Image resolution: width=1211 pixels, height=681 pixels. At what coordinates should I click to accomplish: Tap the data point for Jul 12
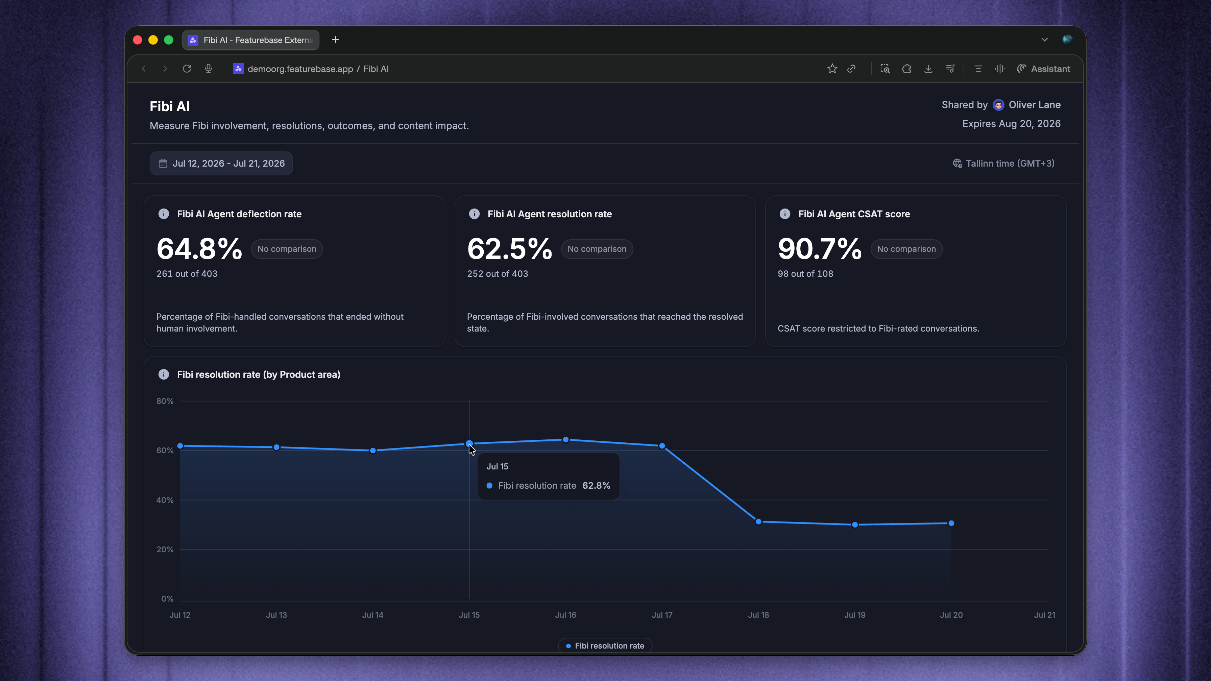pyautogui.click(x=180, y=445)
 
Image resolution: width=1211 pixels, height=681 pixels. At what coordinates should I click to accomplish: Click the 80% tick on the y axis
pyautogui.click(x=165, y=401)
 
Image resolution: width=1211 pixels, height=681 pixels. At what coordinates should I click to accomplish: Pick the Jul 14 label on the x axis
pyautogui.click(x=373, y=615)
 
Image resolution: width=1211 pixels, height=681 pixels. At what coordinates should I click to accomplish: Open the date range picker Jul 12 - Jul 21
pyautogui.click(x=221, y=164)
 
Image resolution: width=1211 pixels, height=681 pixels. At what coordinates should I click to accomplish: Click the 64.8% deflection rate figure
pyautogui.click(x=199, y=249)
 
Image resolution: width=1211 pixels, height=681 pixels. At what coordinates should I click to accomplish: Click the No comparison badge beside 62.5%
pyautogui.click(x=597, y=249)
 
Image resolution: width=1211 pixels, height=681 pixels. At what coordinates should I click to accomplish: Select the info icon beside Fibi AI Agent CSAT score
pyautogui.click(x=784, y=214)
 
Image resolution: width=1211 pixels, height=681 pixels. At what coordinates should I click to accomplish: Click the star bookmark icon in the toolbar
pyautogui.click(x=832, y=69)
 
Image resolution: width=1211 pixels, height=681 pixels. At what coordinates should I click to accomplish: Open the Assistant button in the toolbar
pyautogui.click(x=1044, y=69)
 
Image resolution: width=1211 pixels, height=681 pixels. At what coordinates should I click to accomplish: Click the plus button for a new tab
pyautogui.click(x=336, y=40)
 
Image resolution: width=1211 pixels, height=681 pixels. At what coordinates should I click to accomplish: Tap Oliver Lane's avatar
pyautogui.click(x=998, y=105)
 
